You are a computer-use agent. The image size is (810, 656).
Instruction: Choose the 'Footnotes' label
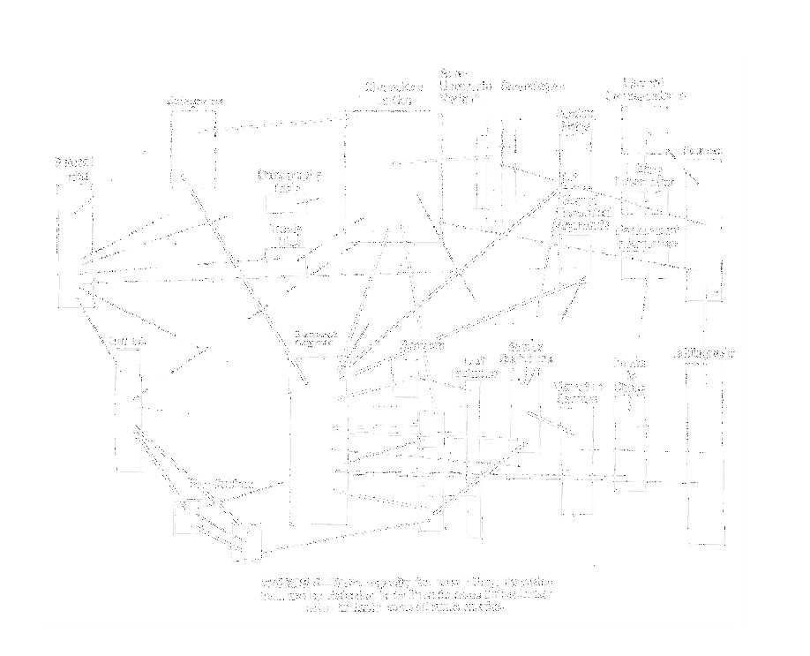(x=468, y=370)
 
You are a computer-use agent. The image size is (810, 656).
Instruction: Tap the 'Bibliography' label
(x=705, y=354)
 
